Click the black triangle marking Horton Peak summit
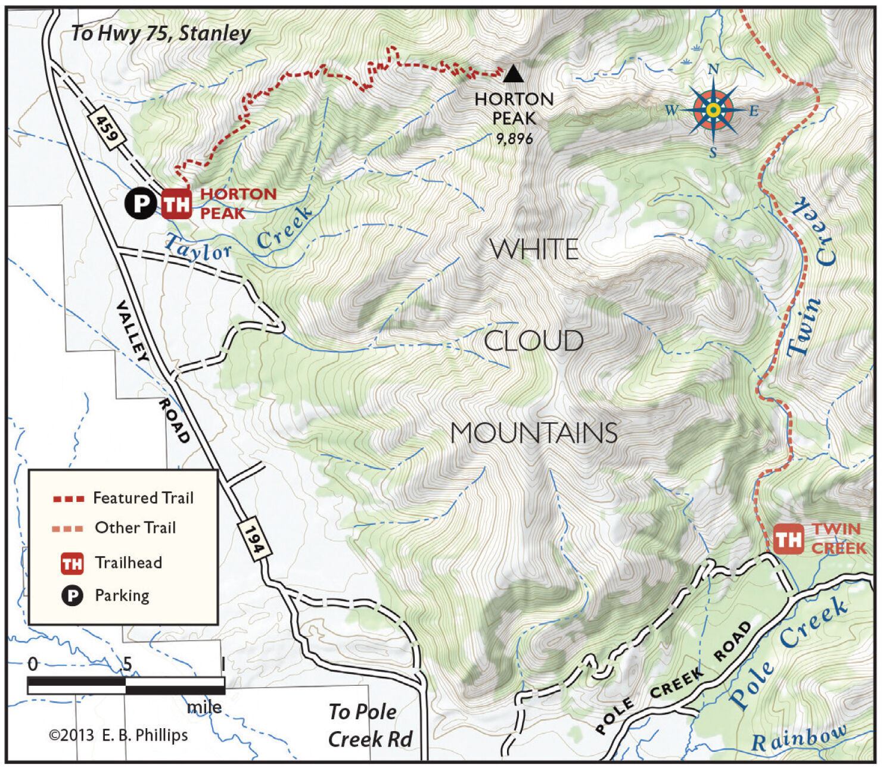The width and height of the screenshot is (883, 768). coord(513,74)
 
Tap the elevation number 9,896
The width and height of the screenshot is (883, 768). coord(514,139)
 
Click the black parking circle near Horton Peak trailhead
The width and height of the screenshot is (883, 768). coord(141,204)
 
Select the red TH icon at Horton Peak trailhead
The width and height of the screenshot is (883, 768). coord(176,204)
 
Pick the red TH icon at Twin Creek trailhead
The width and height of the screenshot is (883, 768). coord(788,539)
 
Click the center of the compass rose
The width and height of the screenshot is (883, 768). coord(713,110)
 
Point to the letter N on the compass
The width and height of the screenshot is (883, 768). coord(713,70)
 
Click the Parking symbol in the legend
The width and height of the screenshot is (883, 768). coord(72,595)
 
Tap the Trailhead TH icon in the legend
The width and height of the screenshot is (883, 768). coord(72,563)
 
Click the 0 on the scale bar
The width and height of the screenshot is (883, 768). coord(33,664)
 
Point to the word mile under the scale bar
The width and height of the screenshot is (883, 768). coord(204,707)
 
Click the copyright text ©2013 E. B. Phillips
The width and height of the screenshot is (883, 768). coord(118,735)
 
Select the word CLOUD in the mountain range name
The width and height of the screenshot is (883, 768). coord(533,341)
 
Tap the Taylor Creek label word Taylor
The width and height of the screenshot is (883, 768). coord(197,249)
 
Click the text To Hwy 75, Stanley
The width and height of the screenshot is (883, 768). coord(161,33)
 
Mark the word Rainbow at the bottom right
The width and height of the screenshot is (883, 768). coord(798,738)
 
